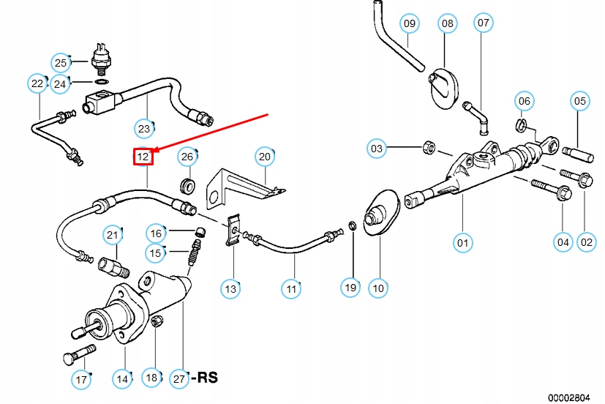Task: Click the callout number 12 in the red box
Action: [143, 156]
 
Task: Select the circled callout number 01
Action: [462, 242]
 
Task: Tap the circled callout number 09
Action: [410, 23]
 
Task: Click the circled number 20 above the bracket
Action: [265, 156]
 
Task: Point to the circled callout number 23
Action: [144, 129]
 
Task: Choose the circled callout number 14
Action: [122, 378]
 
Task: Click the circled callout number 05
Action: [580, 101]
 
